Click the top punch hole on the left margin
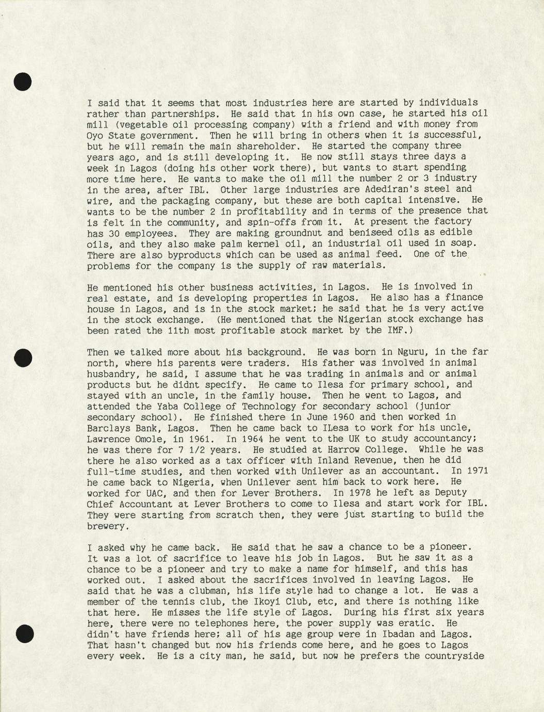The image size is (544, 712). coord(22,82)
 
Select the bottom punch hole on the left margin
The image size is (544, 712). coord(24,633)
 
